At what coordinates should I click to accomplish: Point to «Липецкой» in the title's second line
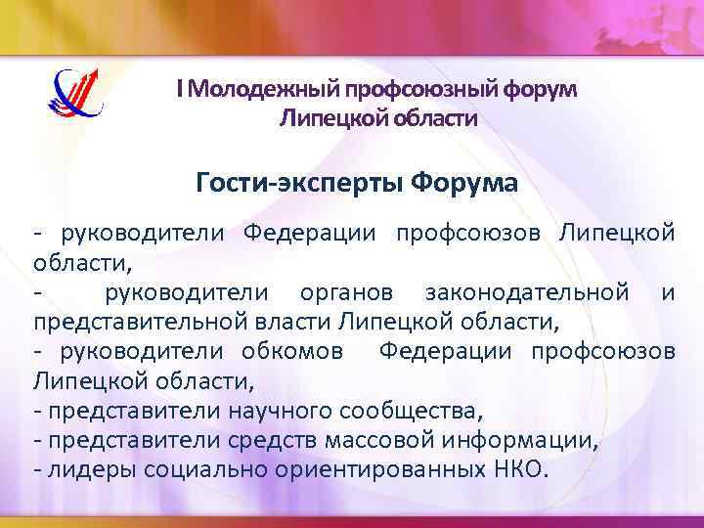[330, 119]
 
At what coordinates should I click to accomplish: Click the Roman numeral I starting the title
[179, 90]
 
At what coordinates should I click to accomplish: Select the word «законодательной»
[526, 291]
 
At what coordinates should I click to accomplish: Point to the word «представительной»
[131, 321]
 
